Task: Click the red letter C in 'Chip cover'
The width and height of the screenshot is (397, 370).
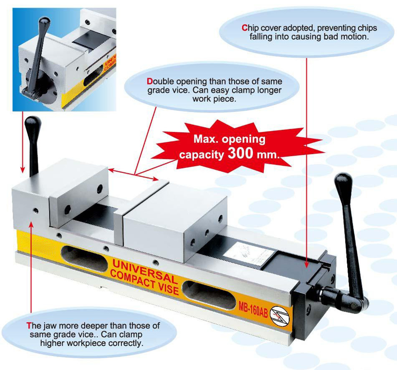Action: tap(244, 28)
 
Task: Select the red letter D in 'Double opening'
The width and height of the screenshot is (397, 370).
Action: tap(149, 81)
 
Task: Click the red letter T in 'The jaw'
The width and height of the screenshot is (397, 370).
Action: tap(29, 325)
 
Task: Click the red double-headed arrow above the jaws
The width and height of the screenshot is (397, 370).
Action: tap(133, 174)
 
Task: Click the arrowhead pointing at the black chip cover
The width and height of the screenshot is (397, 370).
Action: tap(306, 265)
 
